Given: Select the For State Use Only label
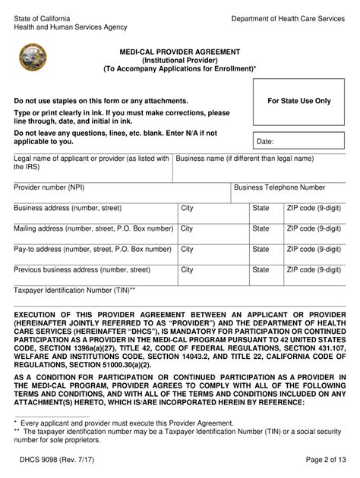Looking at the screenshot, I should (x=299, y=100).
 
